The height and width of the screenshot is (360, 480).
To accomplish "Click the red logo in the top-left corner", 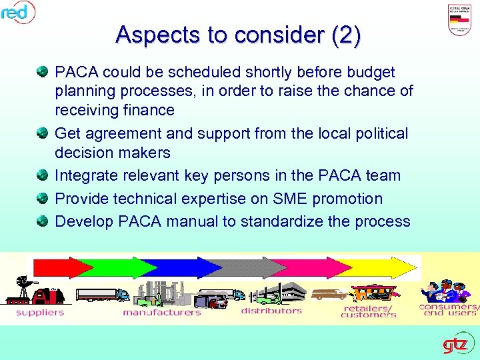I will pos(16,11).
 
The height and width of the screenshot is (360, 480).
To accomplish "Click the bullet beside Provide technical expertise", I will pos(43,199).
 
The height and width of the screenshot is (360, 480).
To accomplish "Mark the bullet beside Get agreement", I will pos(43,133).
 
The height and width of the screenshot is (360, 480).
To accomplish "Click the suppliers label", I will pos(40,312).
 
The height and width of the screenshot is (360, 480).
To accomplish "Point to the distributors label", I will pos(271,311).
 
